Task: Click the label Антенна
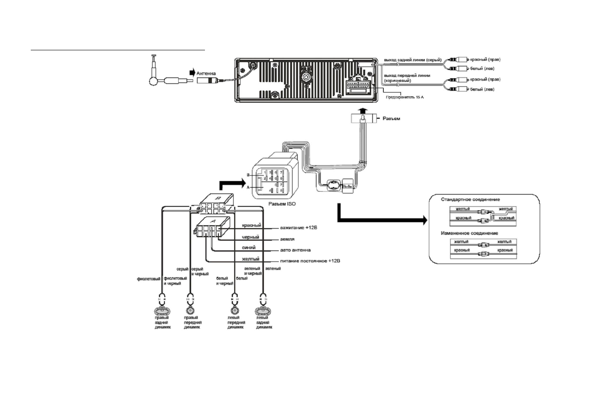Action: [x=206, y=74]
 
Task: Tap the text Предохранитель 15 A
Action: [x=405, y=97]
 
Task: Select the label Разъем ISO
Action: [x=282, y=203]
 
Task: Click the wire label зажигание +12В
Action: [x=299, y=228]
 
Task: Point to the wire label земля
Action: [x=288, y=239]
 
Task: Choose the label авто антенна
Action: [x=296, y=250]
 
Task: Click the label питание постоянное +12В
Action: [x=310, y=261]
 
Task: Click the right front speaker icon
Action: [x=190, y=311]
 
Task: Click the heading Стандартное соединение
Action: [x=470, y=199]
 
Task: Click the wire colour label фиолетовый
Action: [x=149, y=279]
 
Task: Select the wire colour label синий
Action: [x=248, y=248]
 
